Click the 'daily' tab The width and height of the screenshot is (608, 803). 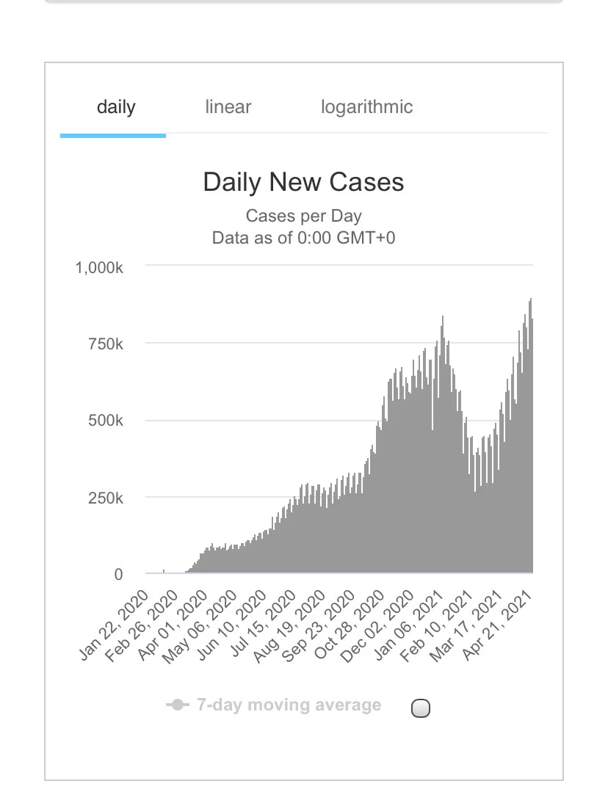pyautogui.click(x=116, y=107)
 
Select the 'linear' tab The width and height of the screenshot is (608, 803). pyautogui.click(x=228, y=106)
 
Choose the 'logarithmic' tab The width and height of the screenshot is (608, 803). pyautogui.click(x=366, y=107)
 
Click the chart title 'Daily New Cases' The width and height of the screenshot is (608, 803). pyautogui.click(x=304, y=182)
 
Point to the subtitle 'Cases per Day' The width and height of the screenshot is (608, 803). pyautogui.click(x=304, y=216)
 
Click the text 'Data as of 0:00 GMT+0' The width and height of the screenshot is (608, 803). pyautogui.click(x=304, y=238)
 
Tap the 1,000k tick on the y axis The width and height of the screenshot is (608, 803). pyautogui.click(x=99, y=268)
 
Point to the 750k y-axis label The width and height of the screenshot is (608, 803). pyautogui.click(x=106, y=344)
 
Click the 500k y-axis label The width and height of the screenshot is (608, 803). pyautogui.click(x=106, y=421)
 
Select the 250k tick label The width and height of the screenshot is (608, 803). pyautogui.click(x=106, y=498)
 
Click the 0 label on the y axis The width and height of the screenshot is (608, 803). pyautogui.click(x=118, y=574)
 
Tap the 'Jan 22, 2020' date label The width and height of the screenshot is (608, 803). pyautogui.click(x=115, y=625)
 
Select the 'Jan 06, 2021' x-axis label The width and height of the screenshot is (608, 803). pyautogui.click(x=409, y=625)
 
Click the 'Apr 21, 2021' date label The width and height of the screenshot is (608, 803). pyautogui.click(x=497, y=625)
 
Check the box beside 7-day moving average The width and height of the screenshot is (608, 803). pyautogui.click(x=421, y=708)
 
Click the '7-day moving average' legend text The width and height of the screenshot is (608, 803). pyautogui.click(x=289, y=705)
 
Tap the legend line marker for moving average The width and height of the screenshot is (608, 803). pyautogui.click(x=177, y=705)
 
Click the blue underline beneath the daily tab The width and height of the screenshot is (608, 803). pyautogui.click(x=113, y=136)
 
